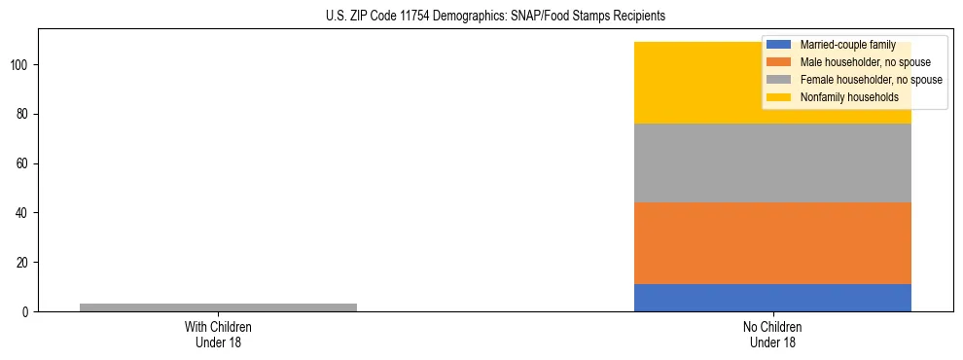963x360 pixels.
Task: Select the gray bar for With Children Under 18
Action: click(x=218, y=307)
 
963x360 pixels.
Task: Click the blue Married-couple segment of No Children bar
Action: click(x=772, y=298)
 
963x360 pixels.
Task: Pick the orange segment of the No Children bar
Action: click(x=772, y=243)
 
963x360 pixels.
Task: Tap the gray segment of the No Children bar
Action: click(x=772, y=163)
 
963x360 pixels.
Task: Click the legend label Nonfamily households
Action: click(x=849, y=97)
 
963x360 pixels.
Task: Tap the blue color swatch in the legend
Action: click(x=780, y=45)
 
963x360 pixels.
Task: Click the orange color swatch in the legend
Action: click(x=780, y=62)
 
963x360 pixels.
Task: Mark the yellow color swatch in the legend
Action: click(x=780, y=97)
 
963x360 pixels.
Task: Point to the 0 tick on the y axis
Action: click(x=26, y=312)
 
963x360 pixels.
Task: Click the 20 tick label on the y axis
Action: click(x=23, y=263)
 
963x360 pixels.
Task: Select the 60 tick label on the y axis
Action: click(x=23, y=163)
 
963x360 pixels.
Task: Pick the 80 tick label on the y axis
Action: click(x=23, y=115)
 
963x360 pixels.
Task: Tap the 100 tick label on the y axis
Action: click(x=20, y=65)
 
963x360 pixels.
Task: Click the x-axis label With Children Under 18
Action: click(x=218, y=335)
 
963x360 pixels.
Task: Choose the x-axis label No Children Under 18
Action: click(x=772, y=335)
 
